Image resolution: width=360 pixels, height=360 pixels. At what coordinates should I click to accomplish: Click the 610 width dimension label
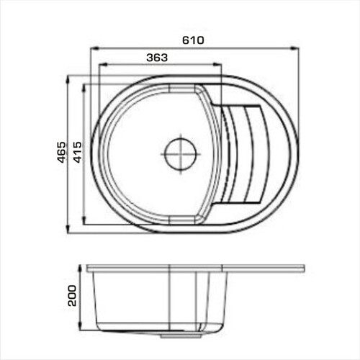point(193,40)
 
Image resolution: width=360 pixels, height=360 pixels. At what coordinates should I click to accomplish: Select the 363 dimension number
point(157,58)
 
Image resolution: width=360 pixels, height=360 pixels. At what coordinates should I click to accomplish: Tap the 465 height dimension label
point(62,152)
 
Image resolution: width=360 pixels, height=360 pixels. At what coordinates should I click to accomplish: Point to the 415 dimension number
point(78,152)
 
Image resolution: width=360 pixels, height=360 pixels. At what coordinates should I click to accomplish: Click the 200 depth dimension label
point(72,295)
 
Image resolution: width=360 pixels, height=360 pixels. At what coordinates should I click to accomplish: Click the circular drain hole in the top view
point(181,153)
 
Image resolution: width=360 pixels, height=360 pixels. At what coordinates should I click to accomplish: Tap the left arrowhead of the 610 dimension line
point(95,48)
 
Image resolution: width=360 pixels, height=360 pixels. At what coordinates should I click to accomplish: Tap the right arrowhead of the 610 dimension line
point(294,48)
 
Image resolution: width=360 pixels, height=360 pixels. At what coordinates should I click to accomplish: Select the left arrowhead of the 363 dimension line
point(103,64)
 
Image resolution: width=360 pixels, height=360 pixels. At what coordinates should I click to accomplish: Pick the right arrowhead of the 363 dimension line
point(217,64)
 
